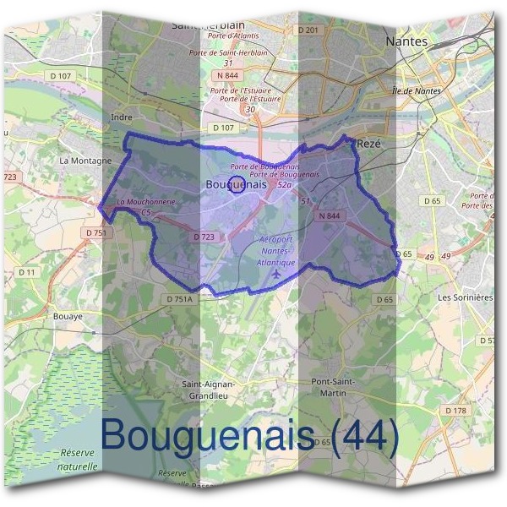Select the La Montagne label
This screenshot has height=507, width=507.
point(85,160)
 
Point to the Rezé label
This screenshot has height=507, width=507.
point(369,144)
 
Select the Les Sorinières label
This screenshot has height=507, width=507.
point(465,297)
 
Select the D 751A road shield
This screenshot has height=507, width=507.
point(180,299)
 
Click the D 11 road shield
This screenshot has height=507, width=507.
point(26,271)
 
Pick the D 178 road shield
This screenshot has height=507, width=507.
point(455,411)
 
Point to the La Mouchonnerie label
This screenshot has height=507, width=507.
point(146,203)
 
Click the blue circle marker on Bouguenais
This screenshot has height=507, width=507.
point(237,185)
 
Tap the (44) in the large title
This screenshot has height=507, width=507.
point(365,436)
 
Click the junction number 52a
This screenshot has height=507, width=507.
point(284,184)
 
